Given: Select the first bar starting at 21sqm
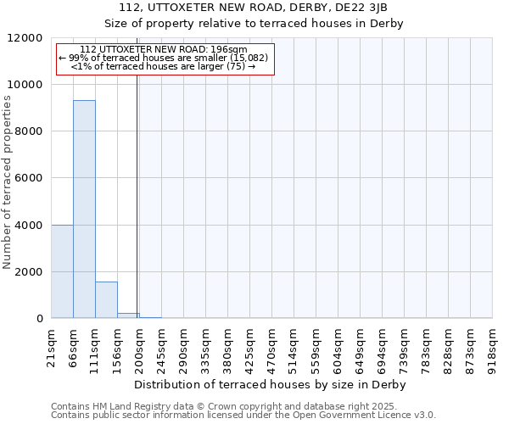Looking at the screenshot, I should (x=62, y=271).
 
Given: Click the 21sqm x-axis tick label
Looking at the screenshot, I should (x=52, y=348).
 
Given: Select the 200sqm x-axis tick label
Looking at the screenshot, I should (x=139, y=348).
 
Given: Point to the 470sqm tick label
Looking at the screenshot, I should (x=271, y=348).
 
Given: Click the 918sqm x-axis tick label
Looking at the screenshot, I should (x=492, y=348).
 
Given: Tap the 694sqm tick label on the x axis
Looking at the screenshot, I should (x=382, y=348).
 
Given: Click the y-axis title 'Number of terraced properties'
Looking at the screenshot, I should (x=8, y=182).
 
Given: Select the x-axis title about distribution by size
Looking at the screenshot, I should (x=271, y=384).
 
